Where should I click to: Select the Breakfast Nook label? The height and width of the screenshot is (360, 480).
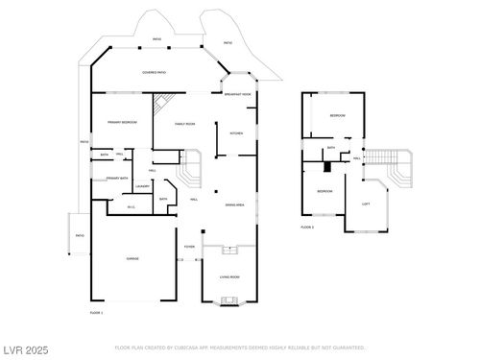(x=237, y=94)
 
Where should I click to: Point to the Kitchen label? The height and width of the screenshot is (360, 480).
(x=236, y=133)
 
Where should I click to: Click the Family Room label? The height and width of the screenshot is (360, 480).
(x=184, y=124)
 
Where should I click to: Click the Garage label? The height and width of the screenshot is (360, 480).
(x=132, y=259)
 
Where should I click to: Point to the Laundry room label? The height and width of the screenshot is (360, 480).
(x=141, y=186)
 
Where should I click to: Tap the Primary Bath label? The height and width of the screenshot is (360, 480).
(x=117, y=179)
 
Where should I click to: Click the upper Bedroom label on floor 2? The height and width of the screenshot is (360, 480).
(x=338, y=115)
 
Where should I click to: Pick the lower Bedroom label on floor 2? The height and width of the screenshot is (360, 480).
(x=325, y=191)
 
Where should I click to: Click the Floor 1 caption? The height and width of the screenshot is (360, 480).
(x=96, y=313)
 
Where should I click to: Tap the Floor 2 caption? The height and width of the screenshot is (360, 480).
(x=307, y=228)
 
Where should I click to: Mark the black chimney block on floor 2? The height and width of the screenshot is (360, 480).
(x=327, y=167)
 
